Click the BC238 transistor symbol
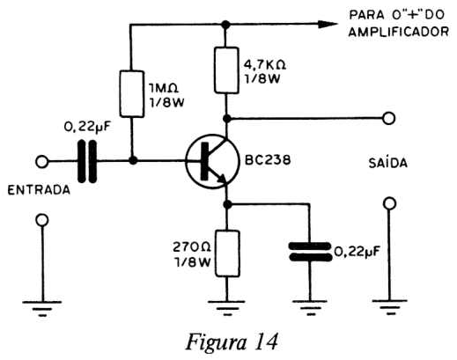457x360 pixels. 212,161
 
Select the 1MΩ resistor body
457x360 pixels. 132,93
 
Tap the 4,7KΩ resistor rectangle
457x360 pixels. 226,70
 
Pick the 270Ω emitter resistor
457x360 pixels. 227,253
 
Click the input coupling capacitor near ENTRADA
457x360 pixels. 87,161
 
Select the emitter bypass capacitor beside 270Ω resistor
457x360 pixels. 310,252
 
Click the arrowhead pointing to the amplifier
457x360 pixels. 328,25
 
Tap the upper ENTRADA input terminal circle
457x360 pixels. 41,162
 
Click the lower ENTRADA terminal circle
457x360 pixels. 42,220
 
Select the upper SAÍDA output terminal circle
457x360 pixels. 389,118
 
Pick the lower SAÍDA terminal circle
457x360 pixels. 390,203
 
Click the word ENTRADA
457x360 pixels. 39,190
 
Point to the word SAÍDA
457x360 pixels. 388,162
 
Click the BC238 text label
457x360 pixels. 268,160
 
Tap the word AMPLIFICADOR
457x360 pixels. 399,32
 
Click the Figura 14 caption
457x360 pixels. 232,342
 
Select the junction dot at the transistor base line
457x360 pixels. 133,160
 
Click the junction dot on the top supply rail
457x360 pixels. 225,25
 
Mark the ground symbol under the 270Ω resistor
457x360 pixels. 226,308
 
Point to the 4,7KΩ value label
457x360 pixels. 265,64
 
